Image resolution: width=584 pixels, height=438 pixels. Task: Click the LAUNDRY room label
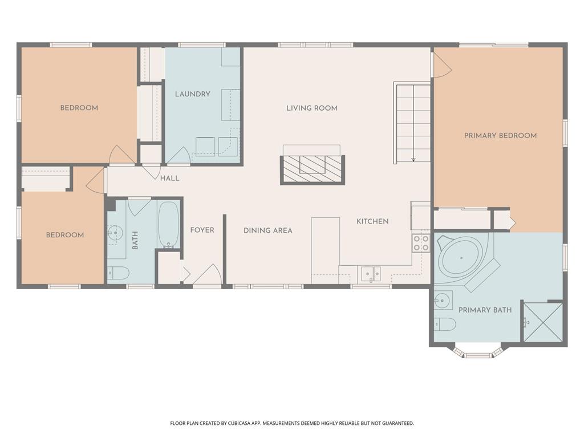tap(193, 94)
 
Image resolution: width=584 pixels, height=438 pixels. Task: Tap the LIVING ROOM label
tap(312, 108)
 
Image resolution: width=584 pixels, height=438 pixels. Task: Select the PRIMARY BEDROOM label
tap(501, 136)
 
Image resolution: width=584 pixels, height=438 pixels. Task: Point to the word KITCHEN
tap(372, 221)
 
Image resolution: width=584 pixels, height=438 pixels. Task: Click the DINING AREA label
tap(268, 230)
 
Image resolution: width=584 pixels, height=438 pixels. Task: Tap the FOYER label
tap(202, 230)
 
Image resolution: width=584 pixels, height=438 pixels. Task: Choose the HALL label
tap(170, 179)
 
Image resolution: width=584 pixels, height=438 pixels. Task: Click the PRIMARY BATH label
tap(485, 310)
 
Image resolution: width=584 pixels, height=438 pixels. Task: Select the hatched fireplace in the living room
tap(313, 170)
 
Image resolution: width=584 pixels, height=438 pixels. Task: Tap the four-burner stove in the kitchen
tap(421, 243)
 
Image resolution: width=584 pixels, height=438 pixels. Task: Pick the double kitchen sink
tap(371, 274)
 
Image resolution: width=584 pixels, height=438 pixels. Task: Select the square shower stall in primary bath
tap(544, 322)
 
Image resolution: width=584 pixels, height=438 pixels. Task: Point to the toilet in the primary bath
tap(445, 325)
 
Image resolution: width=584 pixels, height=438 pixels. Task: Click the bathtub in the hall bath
tap(169, 225)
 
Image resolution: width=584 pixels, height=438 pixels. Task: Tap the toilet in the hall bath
tap(119, 273)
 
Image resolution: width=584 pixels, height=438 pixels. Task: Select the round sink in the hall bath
tap(115, 233)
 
